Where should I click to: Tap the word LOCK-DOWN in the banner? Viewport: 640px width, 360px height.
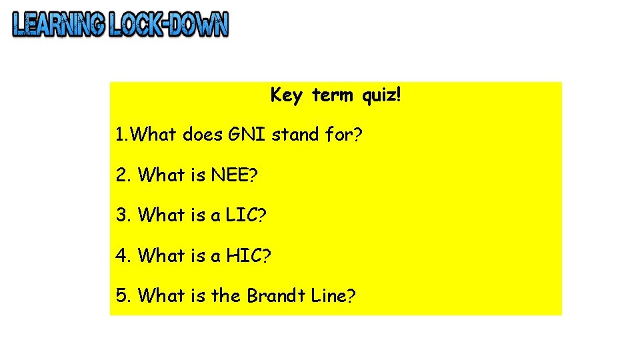pos(169,25)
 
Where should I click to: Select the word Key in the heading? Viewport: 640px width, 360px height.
pos(286,96)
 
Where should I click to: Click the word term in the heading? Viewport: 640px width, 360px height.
pos(332,95)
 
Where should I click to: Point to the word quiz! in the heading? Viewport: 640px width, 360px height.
pos(382,96)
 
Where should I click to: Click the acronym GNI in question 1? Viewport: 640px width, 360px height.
pos(246,135)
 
